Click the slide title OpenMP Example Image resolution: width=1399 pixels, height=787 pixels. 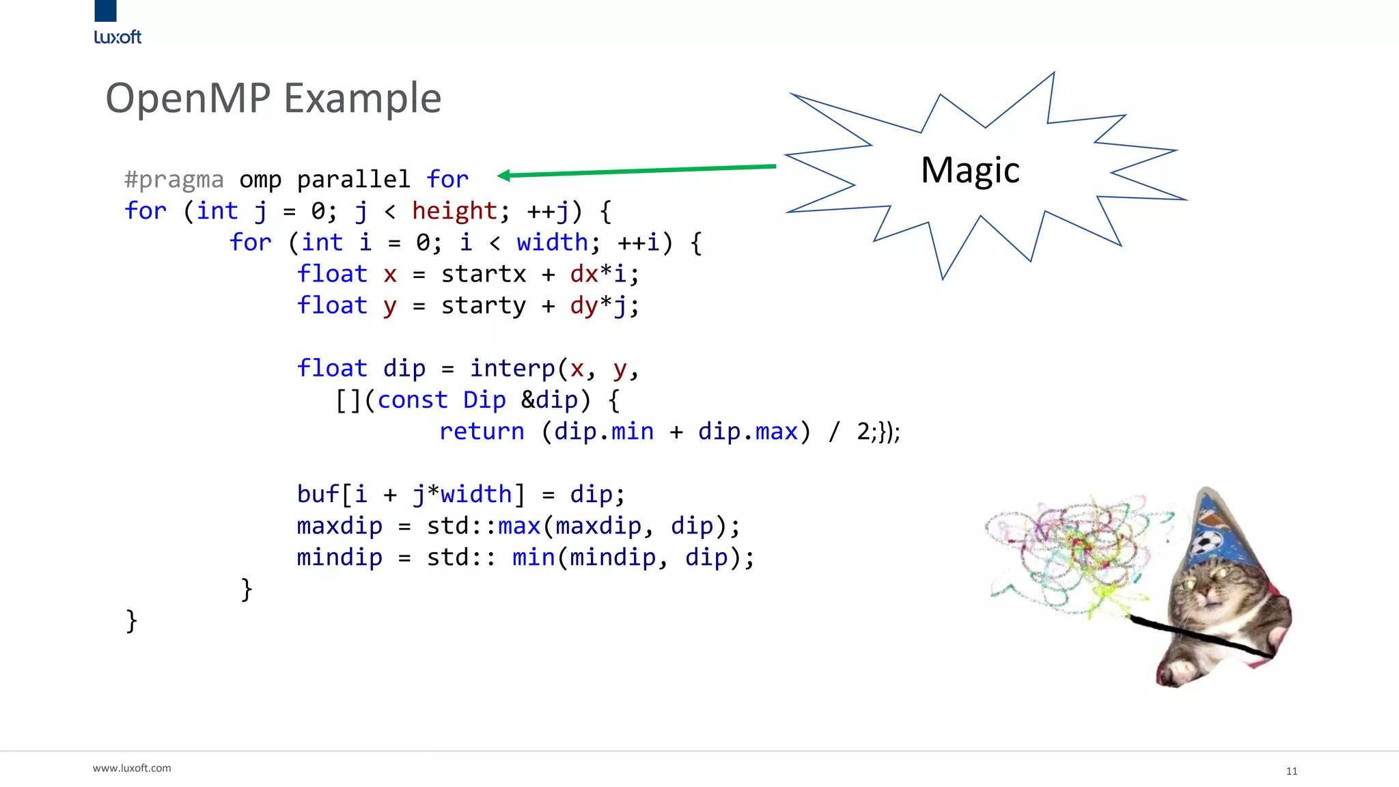click(273, 98)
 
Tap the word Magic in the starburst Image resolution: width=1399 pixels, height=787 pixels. click(969, 171)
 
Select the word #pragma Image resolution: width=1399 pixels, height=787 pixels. click(174, 180)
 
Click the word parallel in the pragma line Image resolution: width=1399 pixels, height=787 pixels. click(353, 180)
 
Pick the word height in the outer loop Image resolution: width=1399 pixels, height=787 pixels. click(454, 211)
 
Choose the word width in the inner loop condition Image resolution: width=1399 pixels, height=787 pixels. click(552, 243)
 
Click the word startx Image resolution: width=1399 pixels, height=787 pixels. click(483, 274)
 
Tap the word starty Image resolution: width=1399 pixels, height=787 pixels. click(483, 305)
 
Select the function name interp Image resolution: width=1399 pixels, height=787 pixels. click(512, 369)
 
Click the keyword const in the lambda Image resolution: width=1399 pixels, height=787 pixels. click(412, 400)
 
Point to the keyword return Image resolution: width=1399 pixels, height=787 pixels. click(482, 432)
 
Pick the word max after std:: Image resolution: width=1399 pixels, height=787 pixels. click(519, 526)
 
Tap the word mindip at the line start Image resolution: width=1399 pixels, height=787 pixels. click(340, 557)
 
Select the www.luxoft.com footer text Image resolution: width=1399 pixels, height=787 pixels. click(132, 768)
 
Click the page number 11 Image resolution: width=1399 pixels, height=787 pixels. click(1291, 771)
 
